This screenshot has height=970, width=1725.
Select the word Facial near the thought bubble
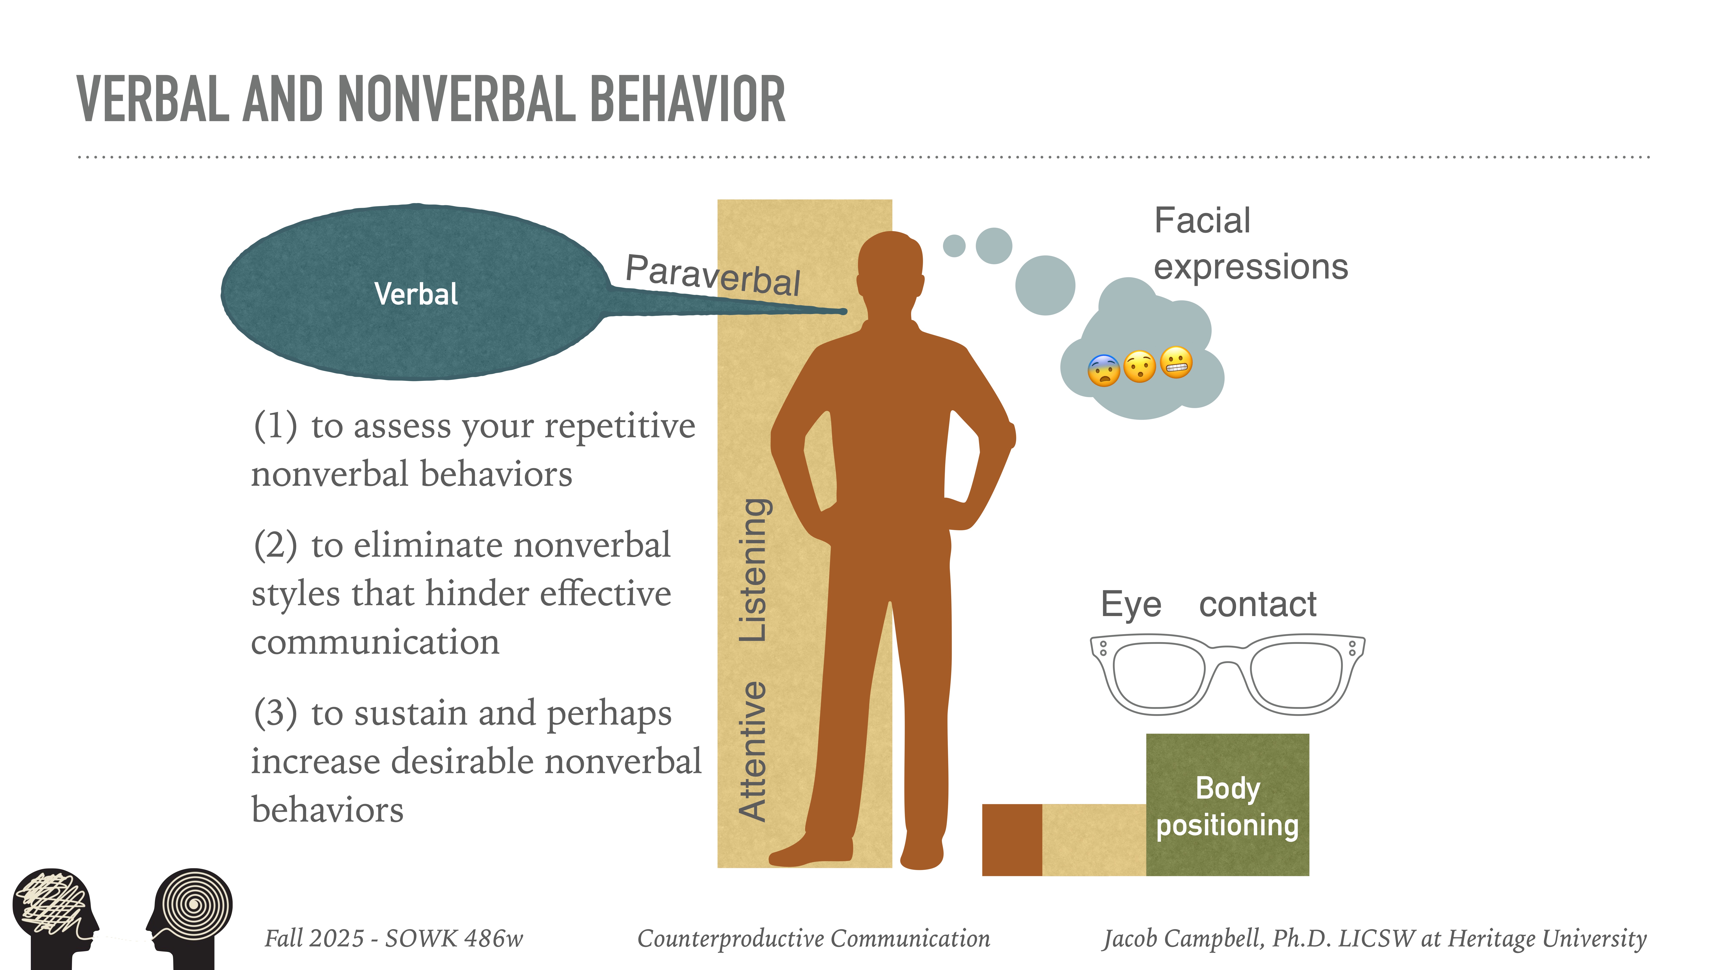tap(1202, 221)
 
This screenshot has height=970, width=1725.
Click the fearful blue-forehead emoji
tap(1104, 370)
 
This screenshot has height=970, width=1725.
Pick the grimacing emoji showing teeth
tap(1176, 363)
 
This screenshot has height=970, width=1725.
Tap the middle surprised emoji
tap(1140, 366)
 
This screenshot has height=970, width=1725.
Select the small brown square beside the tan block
tap(1011, 839)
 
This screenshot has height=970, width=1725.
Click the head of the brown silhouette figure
tap(891, 268)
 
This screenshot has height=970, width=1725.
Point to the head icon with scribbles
tap(53, 911)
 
